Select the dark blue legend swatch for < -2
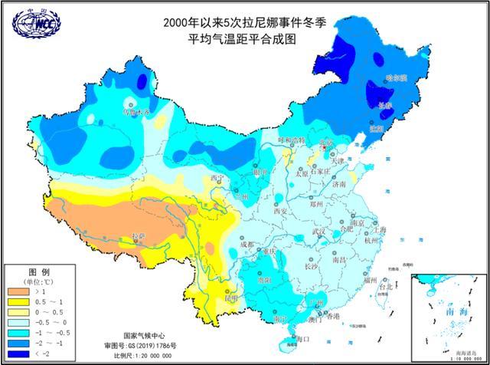(x=20, y=354)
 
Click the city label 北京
(x=328, y=143)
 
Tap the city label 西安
(x=275, y=211)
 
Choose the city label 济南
(x=339, y=185)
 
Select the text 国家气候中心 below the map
(x=145, y=336)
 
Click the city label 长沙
(x=312, y=267)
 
